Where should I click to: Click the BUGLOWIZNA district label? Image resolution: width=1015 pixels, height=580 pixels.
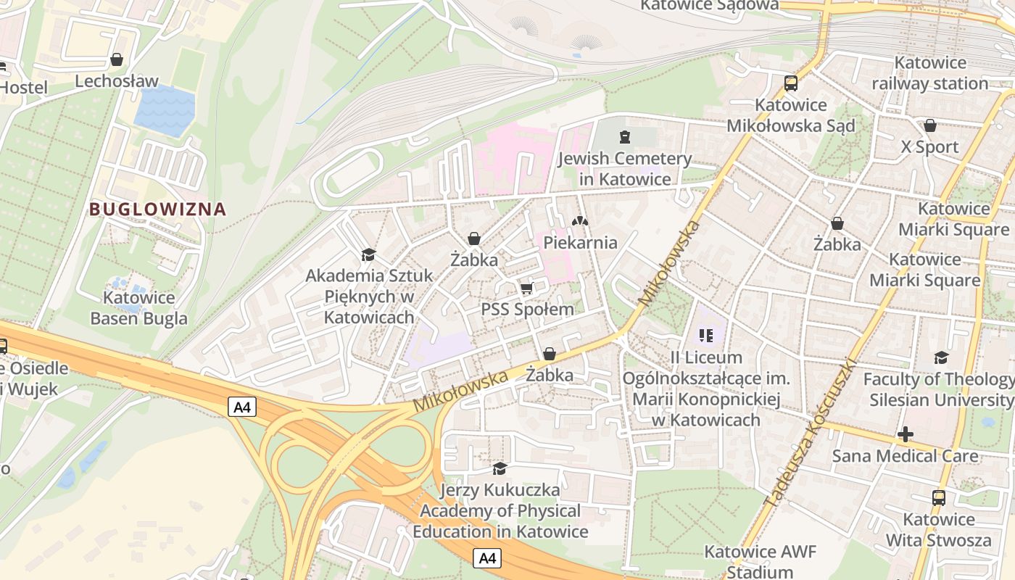pyautogui.click(x=157, y=210)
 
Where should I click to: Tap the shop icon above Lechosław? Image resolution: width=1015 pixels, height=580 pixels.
pyautogui.click(x=116, y=59)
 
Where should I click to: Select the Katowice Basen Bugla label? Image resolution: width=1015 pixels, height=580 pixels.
pyautogui.click(x=138, y=308)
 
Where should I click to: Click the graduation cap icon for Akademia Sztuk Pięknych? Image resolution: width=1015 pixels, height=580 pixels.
pyautogui.click(x=368, y=254)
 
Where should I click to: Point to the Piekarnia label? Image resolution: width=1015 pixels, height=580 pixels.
pyautogui.click(x=580, y=242)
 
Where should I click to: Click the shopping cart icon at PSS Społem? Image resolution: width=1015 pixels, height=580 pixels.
pyautogui.click(x=527, y=289)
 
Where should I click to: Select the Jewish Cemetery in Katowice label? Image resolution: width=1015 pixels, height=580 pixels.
pyautogui.click(x=624, y=168)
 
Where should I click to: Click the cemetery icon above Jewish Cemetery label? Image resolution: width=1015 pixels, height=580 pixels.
pyautogui.click(x=624, y=136)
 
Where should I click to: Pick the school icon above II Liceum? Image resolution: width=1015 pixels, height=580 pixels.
pyautogui.click(x=706, y=336)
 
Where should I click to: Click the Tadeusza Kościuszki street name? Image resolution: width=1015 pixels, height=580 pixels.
pyautogui.click(x=811, y=433)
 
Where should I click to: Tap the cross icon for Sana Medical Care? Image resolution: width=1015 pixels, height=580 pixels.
pyautogui.click(x=905, y=434)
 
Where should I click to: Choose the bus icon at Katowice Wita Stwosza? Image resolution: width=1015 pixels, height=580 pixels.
pyautogui.click(x=939, y=498)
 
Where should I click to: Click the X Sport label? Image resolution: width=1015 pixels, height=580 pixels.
pyautogui.click(x=929, y=147)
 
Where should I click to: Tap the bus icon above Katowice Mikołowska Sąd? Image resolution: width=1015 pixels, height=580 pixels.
pyautogui.click(x=790, y=83)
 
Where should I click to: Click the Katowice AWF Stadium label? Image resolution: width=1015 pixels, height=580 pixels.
pyautogui.click(x=760, y=562)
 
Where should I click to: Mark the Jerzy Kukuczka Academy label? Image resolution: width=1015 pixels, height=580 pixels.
pyautogui.click(x=500, y=511)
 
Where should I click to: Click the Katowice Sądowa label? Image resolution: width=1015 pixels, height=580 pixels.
pyautogui.click(x=710, y=6)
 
